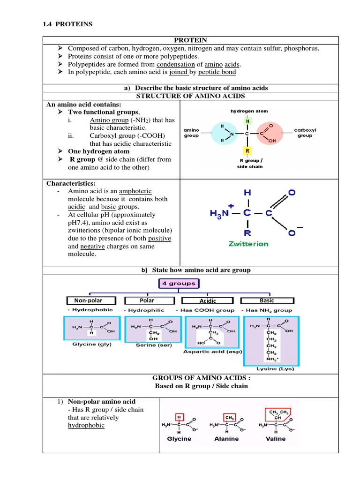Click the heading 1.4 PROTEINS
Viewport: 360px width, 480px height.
coord(67,24)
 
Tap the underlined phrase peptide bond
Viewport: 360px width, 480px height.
coord(217,72)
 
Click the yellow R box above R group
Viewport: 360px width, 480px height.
coord(247,151)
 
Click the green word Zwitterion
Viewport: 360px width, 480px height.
coord(248,244)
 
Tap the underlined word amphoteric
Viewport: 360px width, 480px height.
coord(136,191)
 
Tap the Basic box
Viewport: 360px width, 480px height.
coord(267,300)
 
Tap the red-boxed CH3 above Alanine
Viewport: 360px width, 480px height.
coord(230,417)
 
